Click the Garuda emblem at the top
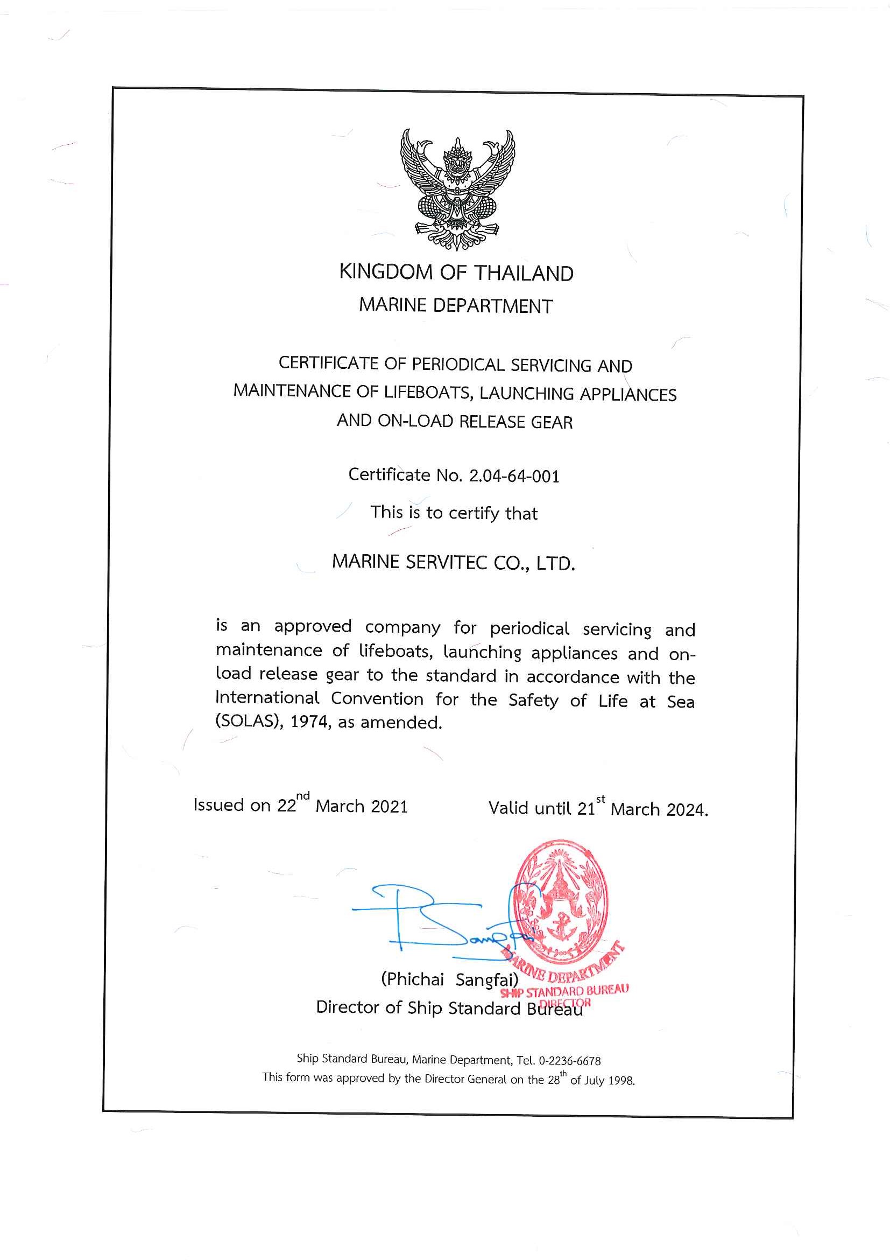(x=457, y=188)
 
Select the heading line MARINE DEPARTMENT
(x=456, y=306)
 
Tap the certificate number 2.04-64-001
(x=514, y=476)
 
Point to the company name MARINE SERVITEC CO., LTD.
(x=454, y=563)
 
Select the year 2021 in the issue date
(x=389, y=806)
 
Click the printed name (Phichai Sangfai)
(x=450, y=979)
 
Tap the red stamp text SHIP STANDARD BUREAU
(x=565, y=992)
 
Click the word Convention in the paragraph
(x=377, y=698)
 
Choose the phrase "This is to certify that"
(x=454, y=513)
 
